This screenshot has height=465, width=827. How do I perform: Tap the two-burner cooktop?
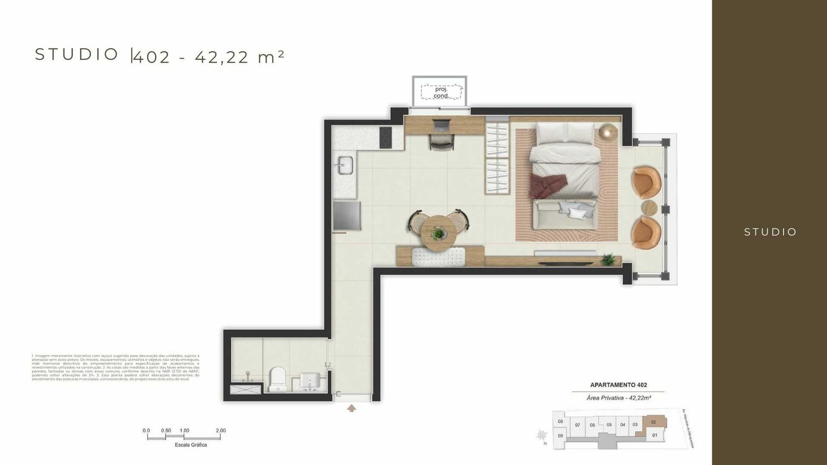point(385,137)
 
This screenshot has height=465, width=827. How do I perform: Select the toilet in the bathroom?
point(278,379)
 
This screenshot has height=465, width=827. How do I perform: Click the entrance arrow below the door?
point(351,408)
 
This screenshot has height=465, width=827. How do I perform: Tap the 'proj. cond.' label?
point(441,92)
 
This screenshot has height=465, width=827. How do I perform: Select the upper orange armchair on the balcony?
point(646,181)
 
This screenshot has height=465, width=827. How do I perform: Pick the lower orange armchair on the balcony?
point(646,233)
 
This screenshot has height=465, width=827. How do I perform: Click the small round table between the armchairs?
point(649,208)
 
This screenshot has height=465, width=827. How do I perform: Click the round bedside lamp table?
point(608,133)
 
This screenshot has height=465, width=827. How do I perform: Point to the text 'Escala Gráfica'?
point(191,445)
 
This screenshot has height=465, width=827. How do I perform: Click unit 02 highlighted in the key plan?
point(653,422)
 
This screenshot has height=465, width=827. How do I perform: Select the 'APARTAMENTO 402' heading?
point(618,385)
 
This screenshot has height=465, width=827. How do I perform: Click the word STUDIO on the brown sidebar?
point(770,232)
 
